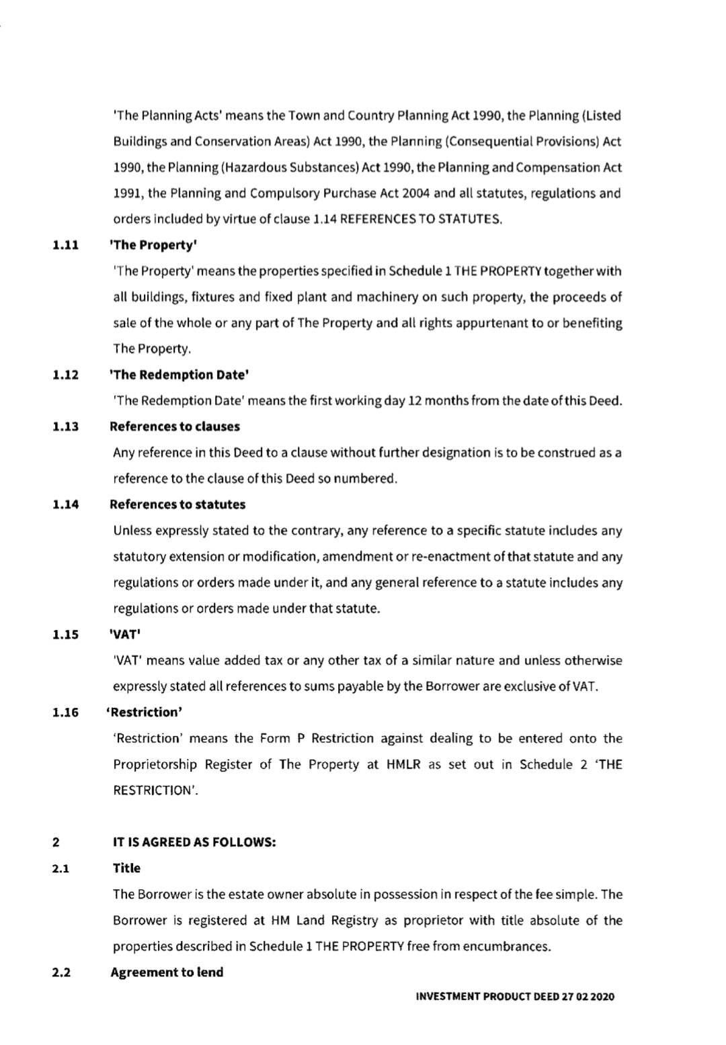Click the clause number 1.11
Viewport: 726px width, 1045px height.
(65, 245)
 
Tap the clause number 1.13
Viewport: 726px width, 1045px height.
(65, 427)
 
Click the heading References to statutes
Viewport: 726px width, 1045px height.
(177, 504)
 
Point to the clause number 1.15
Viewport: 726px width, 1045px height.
(65, 635)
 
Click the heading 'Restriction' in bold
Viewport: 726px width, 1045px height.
(145, 712)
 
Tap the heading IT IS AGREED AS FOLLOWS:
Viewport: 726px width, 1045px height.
(194, 842)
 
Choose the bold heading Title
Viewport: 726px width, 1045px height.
(126, 868)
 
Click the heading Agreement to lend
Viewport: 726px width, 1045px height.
(167, 972)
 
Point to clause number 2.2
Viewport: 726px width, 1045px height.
(61, 972)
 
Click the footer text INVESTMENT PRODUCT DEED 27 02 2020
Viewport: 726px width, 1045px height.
(514, 997)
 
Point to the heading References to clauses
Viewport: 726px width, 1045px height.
(175, 426)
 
